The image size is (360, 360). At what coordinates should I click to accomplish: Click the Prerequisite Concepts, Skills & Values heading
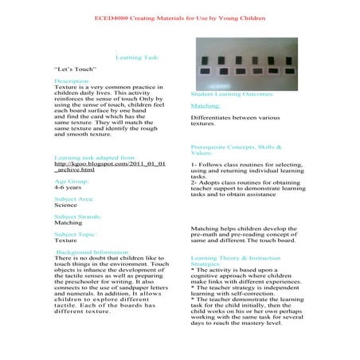[236, 150]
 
